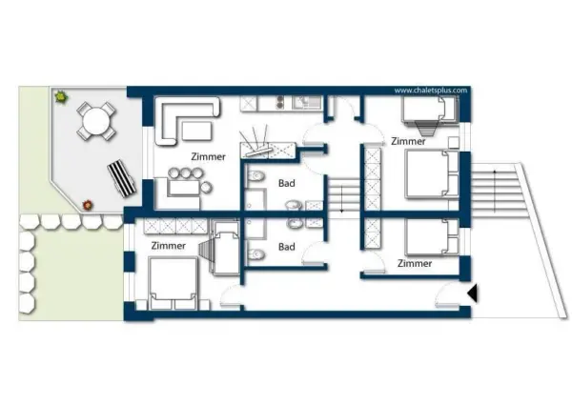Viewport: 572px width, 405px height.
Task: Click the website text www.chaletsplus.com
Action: [x=431, y=91]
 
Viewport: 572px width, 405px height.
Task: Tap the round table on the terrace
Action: [x=96, y=121]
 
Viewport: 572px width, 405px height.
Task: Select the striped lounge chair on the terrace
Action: [x=121, y=178]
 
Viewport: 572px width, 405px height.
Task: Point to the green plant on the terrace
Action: [x=61, y=97]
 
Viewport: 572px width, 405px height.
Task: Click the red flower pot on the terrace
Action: [x=87, y=205]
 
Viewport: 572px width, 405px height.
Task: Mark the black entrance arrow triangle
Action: [x=473, y=294]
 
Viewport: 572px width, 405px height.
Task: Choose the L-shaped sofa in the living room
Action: [x=187, y=120]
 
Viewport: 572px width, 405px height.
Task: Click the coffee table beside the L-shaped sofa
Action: [x=196, y=131]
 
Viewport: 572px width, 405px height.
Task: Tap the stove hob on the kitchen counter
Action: [x=279, y=102]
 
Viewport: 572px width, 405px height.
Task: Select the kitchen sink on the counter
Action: [x=307, y=103]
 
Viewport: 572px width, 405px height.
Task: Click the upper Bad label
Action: [x=287, y=183]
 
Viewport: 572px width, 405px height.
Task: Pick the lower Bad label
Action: [x=287, y=247]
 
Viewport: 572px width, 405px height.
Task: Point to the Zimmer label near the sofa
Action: [x=208, y=156]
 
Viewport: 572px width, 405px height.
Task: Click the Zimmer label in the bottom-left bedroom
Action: [x=169, y=246]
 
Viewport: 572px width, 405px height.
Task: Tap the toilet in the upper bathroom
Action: [x=255, y=176]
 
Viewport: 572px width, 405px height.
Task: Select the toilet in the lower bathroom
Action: [x=255, y=253]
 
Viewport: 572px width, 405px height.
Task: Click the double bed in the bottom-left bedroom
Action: [x=173, y=283]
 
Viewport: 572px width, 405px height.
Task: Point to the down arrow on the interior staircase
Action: [x=342, y=199]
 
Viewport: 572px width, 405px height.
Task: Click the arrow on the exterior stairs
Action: [x=495, y=191]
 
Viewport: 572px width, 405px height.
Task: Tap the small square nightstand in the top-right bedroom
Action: [x=454, y=143]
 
